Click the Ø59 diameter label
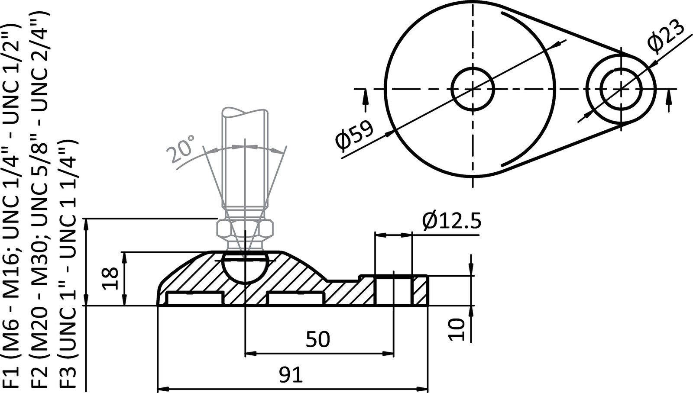pos(354,135)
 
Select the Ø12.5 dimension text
pos(452,222)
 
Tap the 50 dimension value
pos(318,339)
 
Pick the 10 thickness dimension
pos(456,329)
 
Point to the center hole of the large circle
pos(473,89)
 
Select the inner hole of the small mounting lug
pos(621,88)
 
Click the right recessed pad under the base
pos(295,299)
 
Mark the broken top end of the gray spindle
pos(245,113)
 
